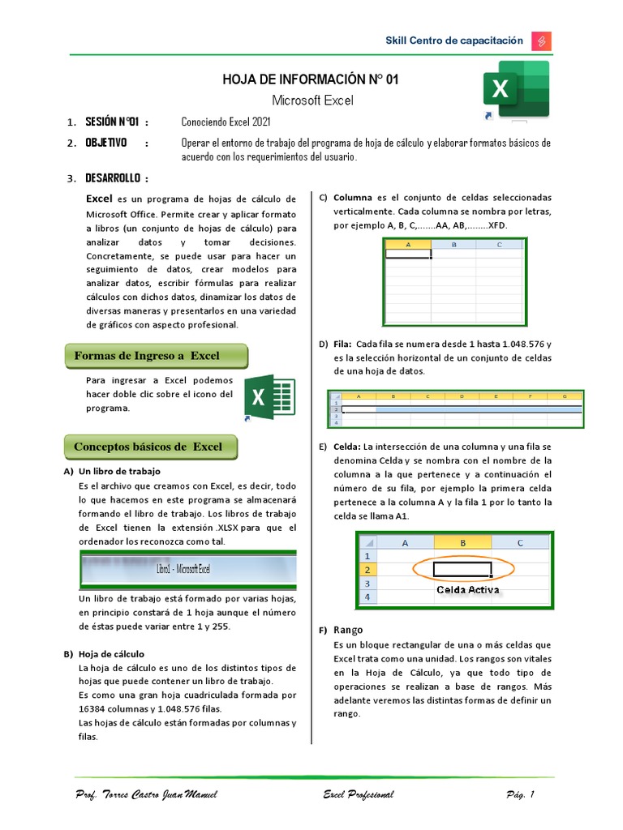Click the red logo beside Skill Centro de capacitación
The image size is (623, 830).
[x=541, y=41]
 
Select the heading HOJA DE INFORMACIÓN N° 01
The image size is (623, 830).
[x=311, y=79]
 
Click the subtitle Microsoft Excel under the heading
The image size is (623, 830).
[x=311, y=100]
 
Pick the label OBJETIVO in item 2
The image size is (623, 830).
[x=106, y=143]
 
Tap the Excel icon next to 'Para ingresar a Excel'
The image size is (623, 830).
[x=269, y=397]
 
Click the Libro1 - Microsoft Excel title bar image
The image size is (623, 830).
[x=187, y=570]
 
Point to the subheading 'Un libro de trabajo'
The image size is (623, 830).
[x=119, y=471]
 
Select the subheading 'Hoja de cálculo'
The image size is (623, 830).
[x=111, y=653]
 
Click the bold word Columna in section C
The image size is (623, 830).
[x=352, y=197]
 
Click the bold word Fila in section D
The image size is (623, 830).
[x=342, y=344]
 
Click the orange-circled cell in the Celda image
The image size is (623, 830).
[x=462, y=569]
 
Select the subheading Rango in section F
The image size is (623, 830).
[x=349, y=630]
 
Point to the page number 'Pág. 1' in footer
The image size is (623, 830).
[x=519, y=794]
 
